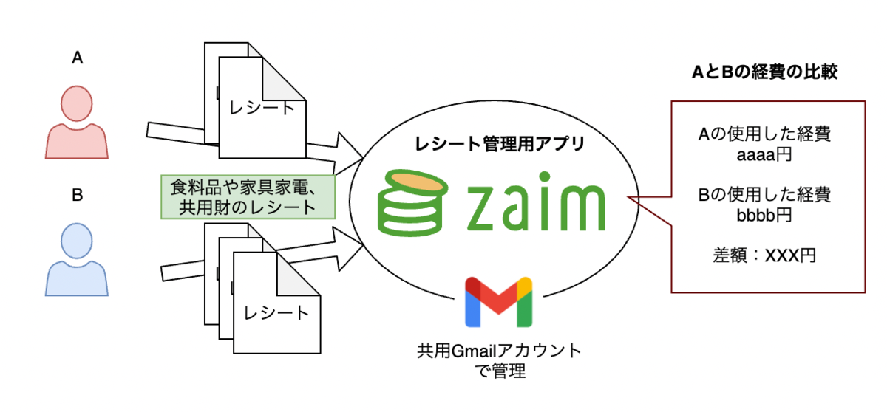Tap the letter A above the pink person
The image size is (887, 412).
[x=76, y=59]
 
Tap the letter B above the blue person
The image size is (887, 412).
[x=76, y=196]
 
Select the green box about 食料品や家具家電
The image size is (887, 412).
[x=248, y=196]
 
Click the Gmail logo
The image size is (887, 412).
[x=499, y=302]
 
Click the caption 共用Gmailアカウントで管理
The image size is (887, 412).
[x=498, y=360]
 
